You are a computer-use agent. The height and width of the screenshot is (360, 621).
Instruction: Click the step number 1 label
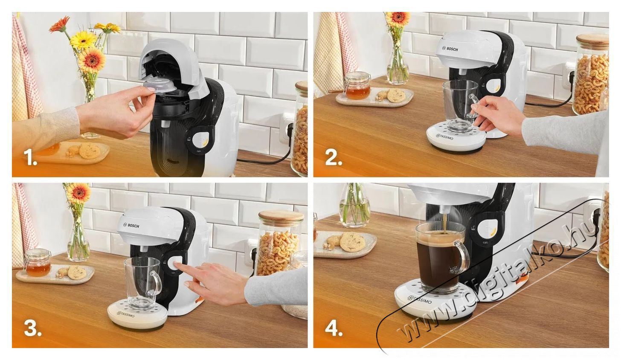click(31, 158)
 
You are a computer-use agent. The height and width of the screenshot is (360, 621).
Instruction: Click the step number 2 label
click(334, 158)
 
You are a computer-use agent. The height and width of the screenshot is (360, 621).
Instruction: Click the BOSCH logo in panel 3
click(131, 225)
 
